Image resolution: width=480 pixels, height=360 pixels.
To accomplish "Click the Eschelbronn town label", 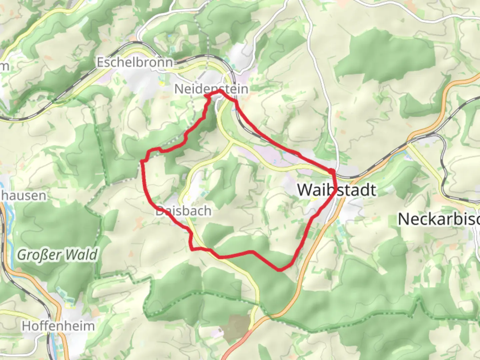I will [x=135, y=62].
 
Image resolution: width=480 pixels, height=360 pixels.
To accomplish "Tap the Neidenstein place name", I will [x=211, y=89].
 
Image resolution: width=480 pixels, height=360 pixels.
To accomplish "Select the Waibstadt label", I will [x=337, y=190].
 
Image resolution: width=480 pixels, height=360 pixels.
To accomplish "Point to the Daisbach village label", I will [x=184, y=211].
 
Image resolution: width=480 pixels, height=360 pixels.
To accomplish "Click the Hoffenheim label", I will [x=58, y=326].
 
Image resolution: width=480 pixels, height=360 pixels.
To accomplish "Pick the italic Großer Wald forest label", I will [x=57, y=255].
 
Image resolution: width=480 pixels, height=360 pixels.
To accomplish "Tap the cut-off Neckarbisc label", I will [x=439, y=219].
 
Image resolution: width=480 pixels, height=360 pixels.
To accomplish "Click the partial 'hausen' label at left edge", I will [x=23, y=196].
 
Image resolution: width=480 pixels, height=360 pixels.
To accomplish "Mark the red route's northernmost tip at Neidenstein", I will [x=220, y=90].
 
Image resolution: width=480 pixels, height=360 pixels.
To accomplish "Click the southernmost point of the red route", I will [x=280, y=270].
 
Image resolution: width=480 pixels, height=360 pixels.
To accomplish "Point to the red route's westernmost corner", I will [x=142, y=161].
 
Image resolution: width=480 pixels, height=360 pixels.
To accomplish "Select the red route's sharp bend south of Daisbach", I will [x=192, y=249].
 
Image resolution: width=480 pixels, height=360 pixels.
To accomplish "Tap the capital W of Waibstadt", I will [x=305, y=190].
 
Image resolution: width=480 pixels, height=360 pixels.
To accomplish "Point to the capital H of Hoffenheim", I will [x=27, y=326].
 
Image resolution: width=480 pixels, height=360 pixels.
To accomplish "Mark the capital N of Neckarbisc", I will [x=404, y=219].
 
